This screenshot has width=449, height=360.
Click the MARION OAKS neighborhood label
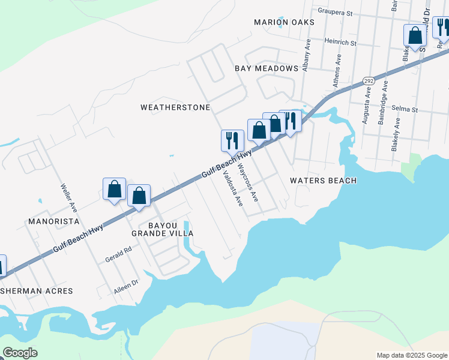tap(284, 22)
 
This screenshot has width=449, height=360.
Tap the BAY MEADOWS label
tap(266, 68)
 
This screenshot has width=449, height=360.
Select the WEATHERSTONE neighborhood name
tap(175, 108)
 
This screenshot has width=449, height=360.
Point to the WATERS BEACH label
tap(323, 181)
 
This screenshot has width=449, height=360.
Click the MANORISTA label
tap(53, 221)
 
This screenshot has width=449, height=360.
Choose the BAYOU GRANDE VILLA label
tap(163, 229)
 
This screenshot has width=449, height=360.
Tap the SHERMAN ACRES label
tap(41, 291)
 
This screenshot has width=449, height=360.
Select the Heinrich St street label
tap(340, 43)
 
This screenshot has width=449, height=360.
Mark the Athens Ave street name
tap(338, 69)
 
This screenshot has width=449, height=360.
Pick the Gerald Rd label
tap(119, 254)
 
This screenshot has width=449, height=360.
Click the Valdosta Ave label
tap(232, 189)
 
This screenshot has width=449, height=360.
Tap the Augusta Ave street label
tap(366, 107)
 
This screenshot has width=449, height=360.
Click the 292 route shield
tap(369, 81)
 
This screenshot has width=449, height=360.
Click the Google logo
tap(20, 352)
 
